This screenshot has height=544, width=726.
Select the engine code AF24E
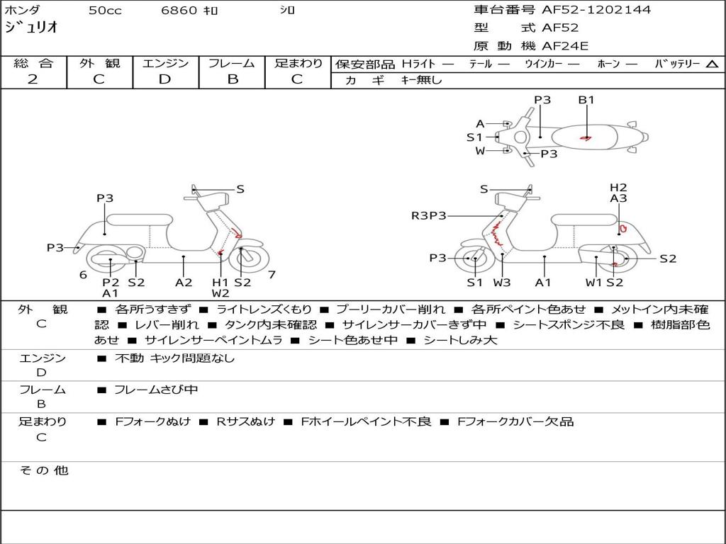pyautogui.click(x=565, y=47)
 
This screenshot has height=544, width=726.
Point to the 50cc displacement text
pyautogui.click(x=105, y=11)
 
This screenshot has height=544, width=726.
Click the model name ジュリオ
pyautogui.click(x=31, y=28)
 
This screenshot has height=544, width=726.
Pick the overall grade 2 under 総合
pyautogui.click(x=33, y=79)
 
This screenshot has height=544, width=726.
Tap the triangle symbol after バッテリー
pyautogui.click(x=712, y=64)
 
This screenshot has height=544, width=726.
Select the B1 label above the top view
pyautogui.click(x=586, y=100)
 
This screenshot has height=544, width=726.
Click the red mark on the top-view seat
pyautogui.click(x=586, y=137)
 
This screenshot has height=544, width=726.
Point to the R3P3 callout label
pyautogui.click(x=429, y=215)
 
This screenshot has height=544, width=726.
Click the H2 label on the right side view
pyautogui.click(x=618, y=188)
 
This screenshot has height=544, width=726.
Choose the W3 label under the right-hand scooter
pyautogui.click(x=502, y=283)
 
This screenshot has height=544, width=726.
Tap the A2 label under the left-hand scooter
pyautogui.click(x=184, y=283)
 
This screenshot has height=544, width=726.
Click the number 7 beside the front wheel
pyautogui.click(x=272, y=274)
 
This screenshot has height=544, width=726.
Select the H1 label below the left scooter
pyautogui.click(x=220, y=283)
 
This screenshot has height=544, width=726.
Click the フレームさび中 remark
pyautogui.click(x=156, y=390)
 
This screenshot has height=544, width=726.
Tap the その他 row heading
pyautogui.click(x=44, y=470)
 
